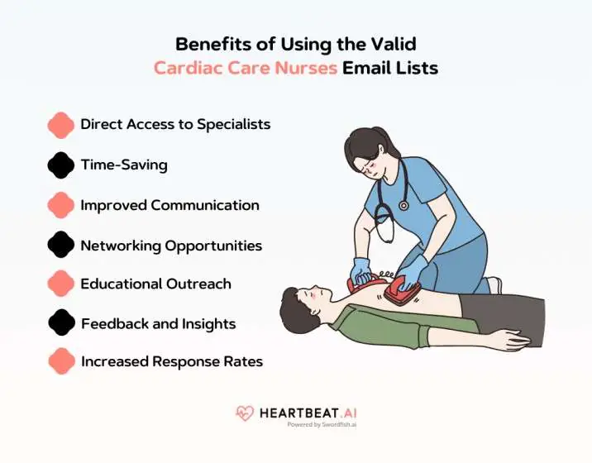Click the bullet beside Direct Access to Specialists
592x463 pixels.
(61, 125)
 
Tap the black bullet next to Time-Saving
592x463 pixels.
(61, 165)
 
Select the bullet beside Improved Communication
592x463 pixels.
(61, 205)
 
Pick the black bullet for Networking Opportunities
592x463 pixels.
(61, 246)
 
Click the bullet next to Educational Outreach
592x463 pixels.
(61, 284)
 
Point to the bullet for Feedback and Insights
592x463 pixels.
(61, 324)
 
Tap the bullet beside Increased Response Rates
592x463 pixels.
(61, 361)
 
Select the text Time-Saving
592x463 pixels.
(124, 165)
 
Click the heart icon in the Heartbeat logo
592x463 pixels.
(246, 413)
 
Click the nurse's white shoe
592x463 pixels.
(493, 285)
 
